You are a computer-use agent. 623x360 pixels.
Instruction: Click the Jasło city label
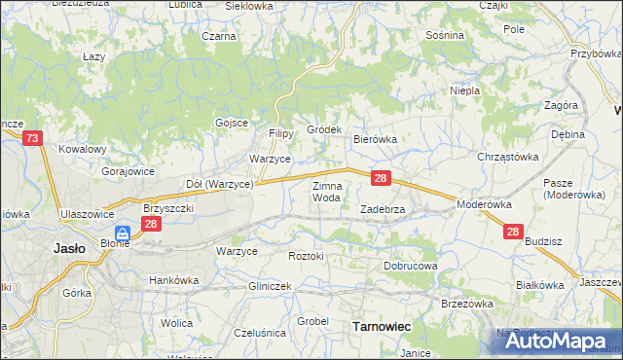tap(67, 247)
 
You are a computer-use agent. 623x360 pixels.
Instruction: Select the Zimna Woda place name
tap(326, 191)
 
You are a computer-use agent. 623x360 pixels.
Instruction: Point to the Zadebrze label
tap(388, 209)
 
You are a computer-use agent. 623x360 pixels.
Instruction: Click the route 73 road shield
tap(32, 140)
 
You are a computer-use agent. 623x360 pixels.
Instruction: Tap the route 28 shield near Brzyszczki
tap(150, 224)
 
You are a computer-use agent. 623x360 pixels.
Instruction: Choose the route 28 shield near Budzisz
tap(514, 232)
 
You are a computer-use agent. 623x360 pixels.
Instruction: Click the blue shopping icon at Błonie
tap(123, 234)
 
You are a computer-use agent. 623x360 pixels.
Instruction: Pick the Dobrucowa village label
tap(410, 265)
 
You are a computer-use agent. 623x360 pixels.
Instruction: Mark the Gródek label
tap(324, 129)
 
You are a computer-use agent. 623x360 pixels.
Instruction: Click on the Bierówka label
tap(375, 139)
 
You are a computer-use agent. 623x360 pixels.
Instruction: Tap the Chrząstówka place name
tap(507, 156)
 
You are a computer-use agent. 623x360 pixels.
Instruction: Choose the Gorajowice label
tap(128, 170)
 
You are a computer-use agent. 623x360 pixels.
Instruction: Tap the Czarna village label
tap(219, 36)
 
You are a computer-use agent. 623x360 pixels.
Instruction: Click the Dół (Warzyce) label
tap(219, 183)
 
